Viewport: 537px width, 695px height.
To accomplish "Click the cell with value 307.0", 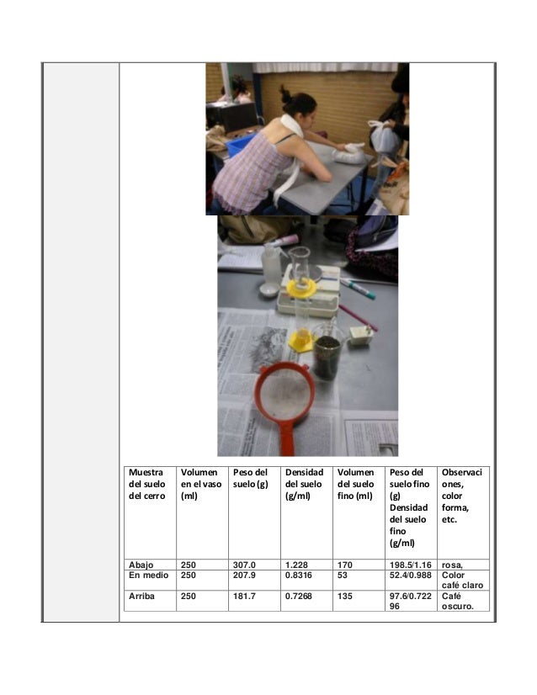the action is (244, 565).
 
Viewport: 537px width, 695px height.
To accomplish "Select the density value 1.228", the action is (296, 565).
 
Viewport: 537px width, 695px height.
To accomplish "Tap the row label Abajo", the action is (141, 565).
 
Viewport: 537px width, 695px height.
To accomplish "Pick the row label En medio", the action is (148, 575).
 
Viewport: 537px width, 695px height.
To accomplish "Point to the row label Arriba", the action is (141, 597).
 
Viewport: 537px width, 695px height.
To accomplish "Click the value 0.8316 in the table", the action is (299, 575).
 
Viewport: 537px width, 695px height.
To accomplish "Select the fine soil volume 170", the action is (344, 565).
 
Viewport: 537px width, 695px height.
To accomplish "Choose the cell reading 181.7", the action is (244, 597).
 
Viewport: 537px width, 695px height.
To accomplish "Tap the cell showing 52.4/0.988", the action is (410, 575).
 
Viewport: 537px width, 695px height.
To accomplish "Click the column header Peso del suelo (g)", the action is (251, 478).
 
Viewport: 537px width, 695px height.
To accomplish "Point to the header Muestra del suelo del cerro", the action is (146, 484).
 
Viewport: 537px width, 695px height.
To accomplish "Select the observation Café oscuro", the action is (458, 601).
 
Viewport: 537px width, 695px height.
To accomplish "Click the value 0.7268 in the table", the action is (299, 597).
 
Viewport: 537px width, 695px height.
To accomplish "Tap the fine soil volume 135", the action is (344, 597).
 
